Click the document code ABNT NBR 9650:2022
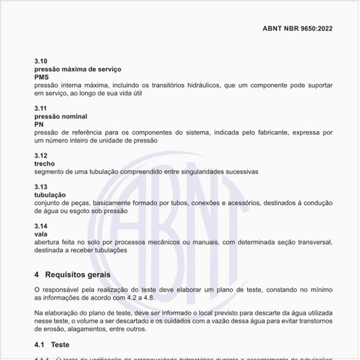(x=297, y=29)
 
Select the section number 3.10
(x=41, y=61)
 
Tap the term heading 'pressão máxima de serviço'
(x=77, y=69)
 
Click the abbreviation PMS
(x=42, y=77)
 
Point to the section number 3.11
(x=41, y=107)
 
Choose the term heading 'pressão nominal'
(x=60, y=116)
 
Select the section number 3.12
(x=41, y=155)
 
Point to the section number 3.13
(x=41, y=187)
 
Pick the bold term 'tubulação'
(x=50, y=195)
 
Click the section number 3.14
(x=41, y=226)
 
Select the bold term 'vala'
(x=41, y=234)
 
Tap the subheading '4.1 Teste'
(x=52, y=344)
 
